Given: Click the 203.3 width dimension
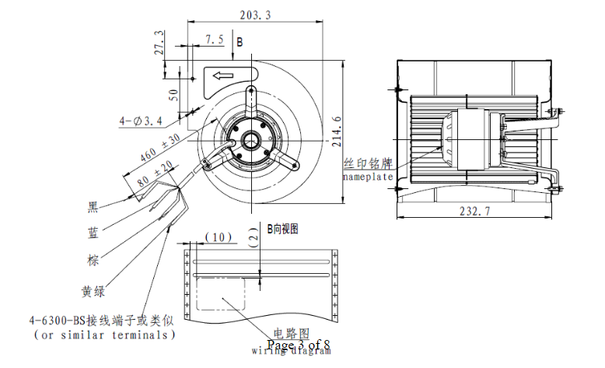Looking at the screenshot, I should [256, 15].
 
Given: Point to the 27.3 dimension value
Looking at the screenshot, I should [160, 44].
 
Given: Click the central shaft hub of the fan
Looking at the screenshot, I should [252, 141].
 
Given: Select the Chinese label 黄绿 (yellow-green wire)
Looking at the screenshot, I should [94, 292].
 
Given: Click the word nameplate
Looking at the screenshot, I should [369, 177].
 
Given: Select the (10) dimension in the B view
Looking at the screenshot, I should [220, 237].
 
